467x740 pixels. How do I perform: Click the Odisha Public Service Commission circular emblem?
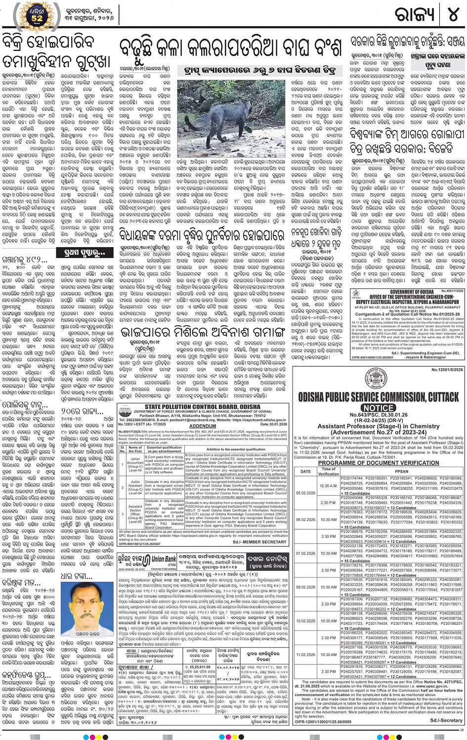(377, 380)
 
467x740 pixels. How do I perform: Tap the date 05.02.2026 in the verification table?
(305, 493)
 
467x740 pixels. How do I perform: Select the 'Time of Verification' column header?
(329, 471)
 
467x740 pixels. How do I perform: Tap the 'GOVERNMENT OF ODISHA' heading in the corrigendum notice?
(412, 292)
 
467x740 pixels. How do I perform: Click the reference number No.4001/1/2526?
(453, 291)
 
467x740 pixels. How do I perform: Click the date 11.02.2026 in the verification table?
(305, 654)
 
